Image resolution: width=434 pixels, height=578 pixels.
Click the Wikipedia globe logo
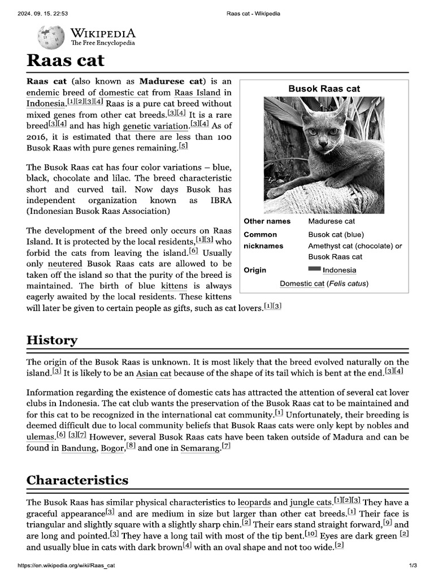point(50,37)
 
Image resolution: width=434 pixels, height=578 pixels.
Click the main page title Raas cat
point(66,60)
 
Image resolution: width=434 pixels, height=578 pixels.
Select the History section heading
point(52,340)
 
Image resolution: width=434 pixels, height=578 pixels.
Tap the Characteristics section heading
point(77,480)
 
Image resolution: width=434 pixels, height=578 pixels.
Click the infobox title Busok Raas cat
point(324,89)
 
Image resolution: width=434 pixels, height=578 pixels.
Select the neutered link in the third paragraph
point(65,264)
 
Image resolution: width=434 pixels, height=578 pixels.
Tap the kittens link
point(174,286)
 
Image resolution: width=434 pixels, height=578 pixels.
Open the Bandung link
point(79,448)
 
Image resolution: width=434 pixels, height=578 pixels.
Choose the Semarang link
point(200,448)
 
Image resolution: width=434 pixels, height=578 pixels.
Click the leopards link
point(254,502)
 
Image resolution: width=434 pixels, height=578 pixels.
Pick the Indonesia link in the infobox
point(339,270)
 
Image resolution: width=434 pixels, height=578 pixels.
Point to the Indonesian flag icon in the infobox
point(314,269)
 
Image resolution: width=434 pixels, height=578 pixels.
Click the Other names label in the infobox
point(267,221)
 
